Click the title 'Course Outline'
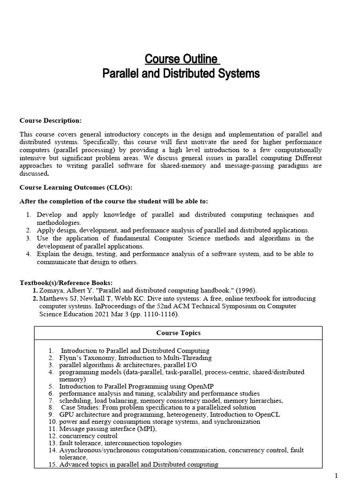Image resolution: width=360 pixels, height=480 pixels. tap(181, 59)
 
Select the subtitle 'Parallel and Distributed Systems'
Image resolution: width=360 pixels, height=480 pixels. tap(181, 74)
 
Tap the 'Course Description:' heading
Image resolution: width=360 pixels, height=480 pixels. tap(50, 120)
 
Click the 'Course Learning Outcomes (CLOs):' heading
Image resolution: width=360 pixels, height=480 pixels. tap(75, 187)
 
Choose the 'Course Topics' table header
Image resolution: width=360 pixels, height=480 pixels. tap(178, 333)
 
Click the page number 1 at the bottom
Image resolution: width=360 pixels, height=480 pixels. tap(336, 476)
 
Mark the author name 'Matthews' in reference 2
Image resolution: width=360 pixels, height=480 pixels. tap(54, 298)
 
